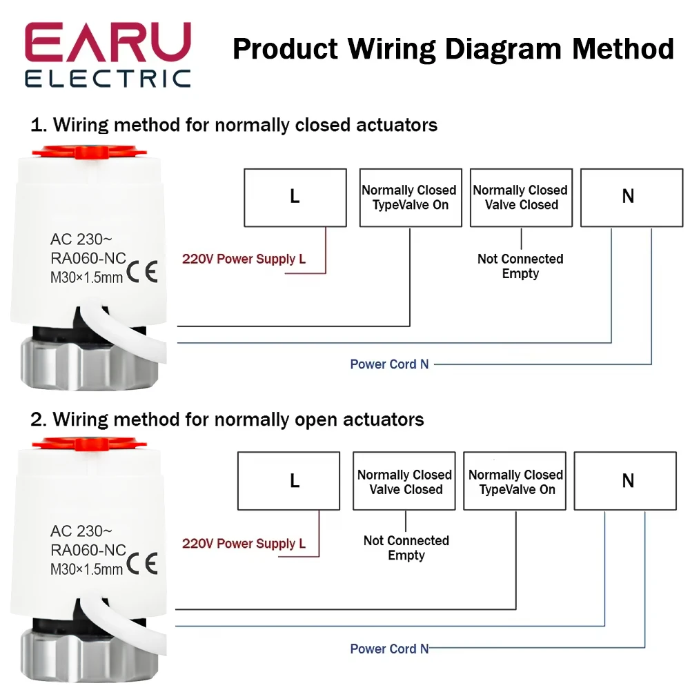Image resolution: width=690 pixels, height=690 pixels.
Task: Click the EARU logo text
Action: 108,42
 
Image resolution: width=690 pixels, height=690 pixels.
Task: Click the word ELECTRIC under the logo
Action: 108,79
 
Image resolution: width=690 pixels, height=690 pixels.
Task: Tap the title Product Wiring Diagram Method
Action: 453,49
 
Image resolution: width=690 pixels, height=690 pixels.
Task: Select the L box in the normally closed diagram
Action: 295,197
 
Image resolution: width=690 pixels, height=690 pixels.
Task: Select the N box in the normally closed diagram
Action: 632,197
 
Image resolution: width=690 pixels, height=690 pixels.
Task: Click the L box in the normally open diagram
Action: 288,480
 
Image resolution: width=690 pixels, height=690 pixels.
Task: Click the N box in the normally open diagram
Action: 625,480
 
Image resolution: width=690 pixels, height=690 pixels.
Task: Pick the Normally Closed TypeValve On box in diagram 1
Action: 411,197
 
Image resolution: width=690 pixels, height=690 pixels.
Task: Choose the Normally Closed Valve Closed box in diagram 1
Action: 522,197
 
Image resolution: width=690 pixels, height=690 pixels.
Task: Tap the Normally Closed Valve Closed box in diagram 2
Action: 404,480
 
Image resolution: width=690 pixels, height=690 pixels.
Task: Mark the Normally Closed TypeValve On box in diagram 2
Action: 515,480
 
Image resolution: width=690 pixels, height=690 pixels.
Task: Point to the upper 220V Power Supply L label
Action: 244,259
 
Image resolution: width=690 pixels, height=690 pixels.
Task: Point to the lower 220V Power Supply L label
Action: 244,544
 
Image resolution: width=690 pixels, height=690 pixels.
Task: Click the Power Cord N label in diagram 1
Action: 389,364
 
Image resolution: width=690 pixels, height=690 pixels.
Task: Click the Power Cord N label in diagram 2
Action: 389,649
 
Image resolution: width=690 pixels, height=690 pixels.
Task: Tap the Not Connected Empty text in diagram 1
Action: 520,266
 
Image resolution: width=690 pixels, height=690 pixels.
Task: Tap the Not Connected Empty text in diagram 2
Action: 406,547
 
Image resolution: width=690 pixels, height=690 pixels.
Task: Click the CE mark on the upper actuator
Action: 141,271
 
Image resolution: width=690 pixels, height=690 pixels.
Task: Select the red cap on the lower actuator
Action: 89,444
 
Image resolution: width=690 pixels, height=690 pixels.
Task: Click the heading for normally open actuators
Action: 227,420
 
